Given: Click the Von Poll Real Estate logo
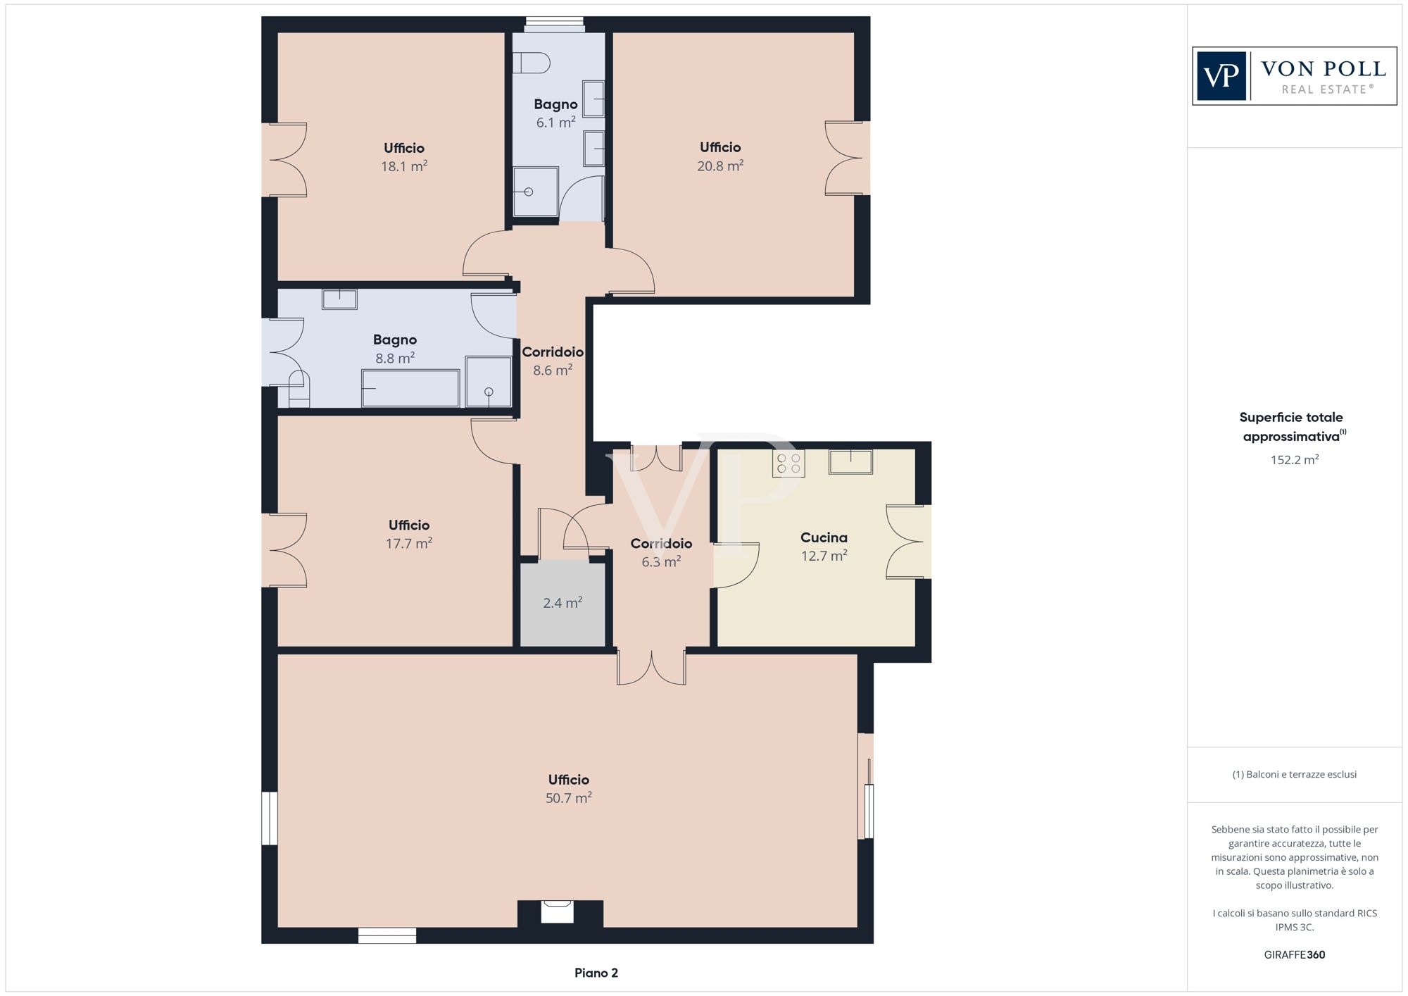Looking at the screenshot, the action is tap(1294, 76).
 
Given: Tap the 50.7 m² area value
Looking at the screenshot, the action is tap(569, 798).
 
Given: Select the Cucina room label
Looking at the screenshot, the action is tap(824, 537).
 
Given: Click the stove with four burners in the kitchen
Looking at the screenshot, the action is tap(788, 463).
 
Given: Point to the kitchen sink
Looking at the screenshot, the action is tap(850, 461).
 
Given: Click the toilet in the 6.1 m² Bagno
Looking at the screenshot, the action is tap(531, 63).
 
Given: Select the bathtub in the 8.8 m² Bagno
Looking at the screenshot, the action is tap(410, 388).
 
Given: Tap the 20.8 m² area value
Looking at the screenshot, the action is tap(720, 166).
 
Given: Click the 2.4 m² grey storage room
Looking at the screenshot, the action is tap(562, 604).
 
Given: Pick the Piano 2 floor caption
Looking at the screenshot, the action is tap(596, 973).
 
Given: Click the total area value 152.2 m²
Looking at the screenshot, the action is tap(1295, 460).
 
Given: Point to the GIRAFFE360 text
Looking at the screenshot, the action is tap(1295, 954).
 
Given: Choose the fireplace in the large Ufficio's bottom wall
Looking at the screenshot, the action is tap(558, 911).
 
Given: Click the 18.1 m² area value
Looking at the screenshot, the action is tap(404, 166).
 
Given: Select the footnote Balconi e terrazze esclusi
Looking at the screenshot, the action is tap(1295, 774).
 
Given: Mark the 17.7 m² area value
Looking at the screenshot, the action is tap(409, 543).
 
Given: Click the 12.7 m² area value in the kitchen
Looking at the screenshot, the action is tap(824, 556).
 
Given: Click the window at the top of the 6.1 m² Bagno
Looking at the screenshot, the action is tap(555, 25).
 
